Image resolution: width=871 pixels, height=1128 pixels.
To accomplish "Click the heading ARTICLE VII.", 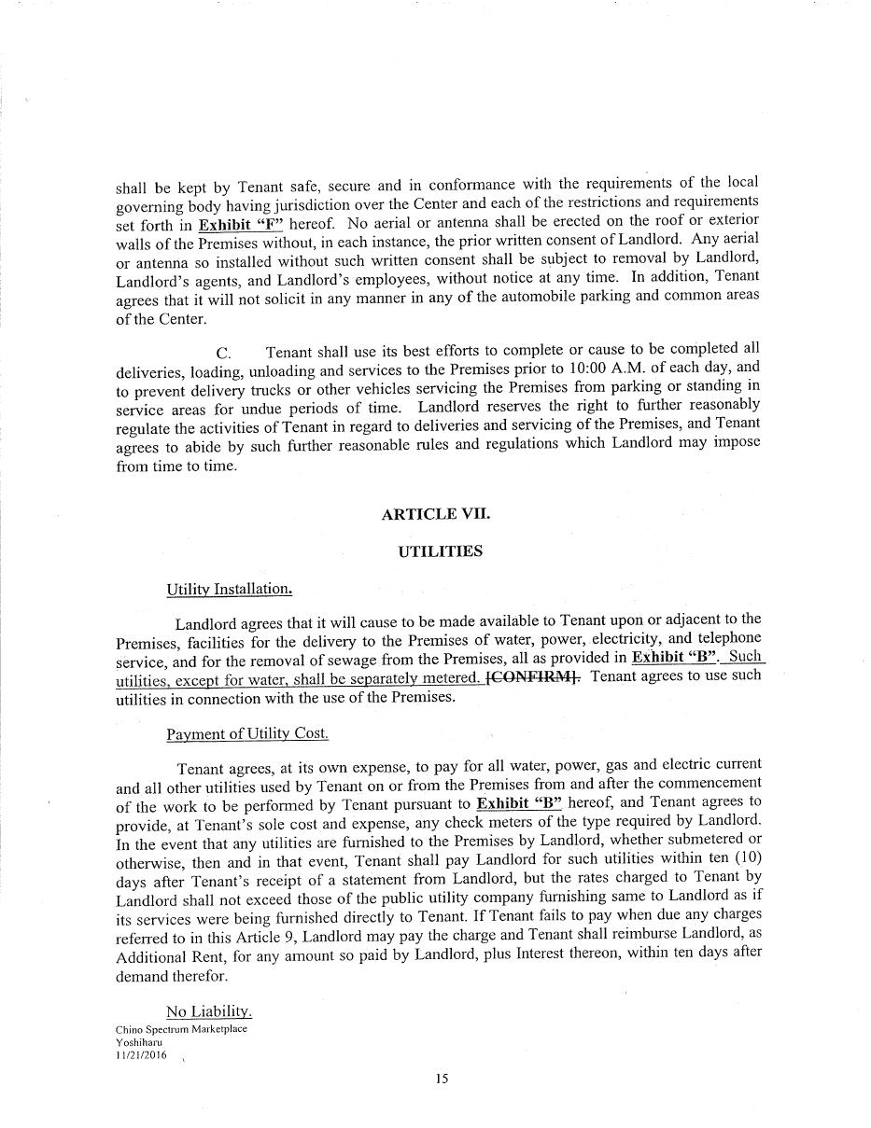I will coord(435,514).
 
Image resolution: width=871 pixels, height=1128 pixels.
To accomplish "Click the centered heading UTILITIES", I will coord(440,550).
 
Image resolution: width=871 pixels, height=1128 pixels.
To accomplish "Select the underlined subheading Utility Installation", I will coord(229,589).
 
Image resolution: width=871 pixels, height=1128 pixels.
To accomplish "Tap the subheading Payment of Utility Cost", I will coord(247,733).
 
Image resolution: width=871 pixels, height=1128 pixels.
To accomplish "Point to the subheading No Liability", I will coord(209,1011).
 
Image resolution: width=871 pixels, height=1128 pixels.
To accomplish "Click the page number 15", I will coord(442,1079).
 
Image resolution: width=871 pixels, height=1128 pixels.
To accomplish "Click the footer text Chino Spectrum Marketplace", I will coord(181,1029).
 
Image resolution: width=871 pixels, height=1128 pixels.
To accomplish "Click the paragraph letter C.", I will coord(223,353).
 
